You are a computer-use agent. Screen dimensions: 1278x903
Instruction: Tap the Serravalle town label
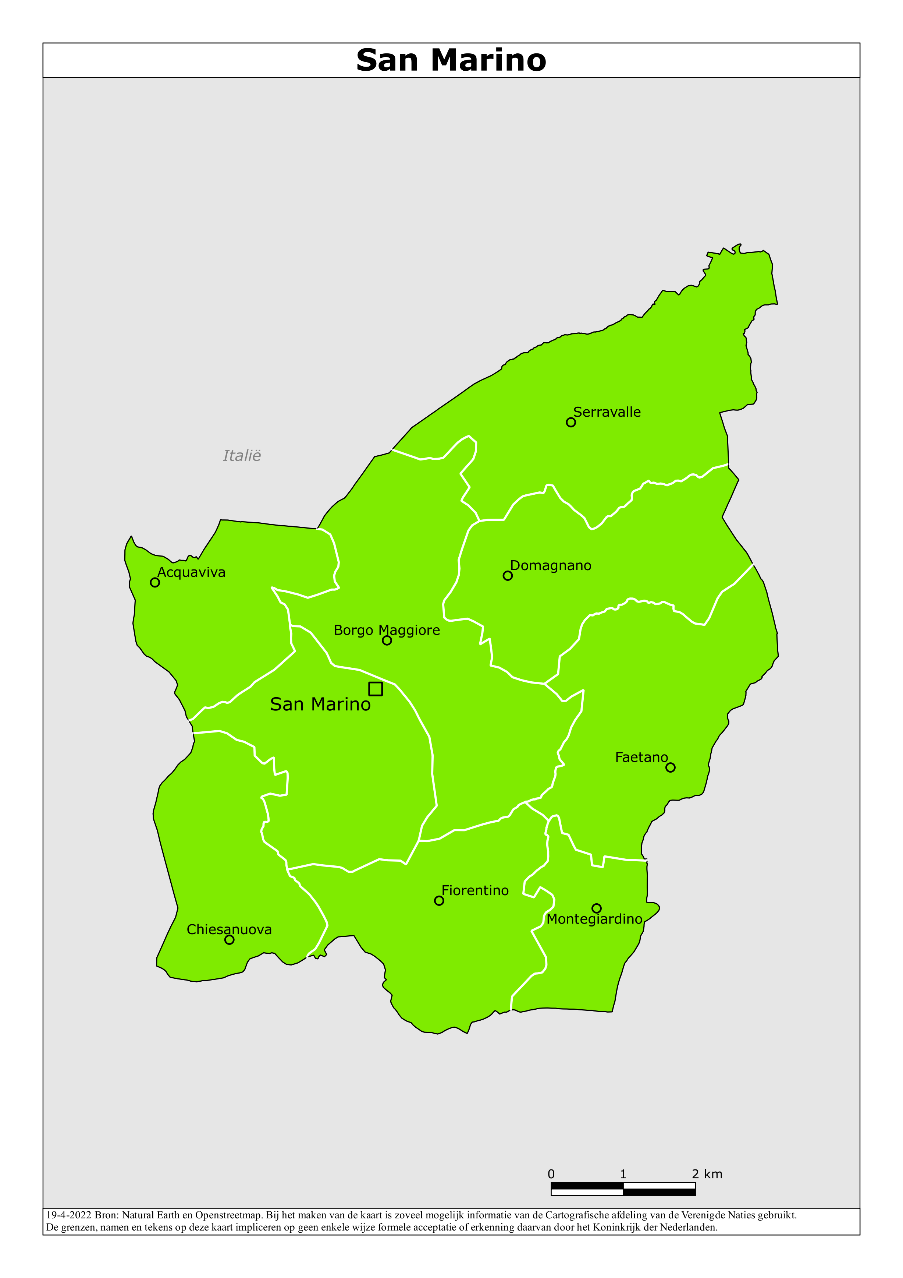607,413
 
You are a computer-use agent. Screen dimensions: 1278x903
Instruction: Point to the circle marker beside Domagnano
508,576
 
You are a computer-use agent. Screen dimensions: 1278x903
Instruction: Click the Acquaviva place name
191,572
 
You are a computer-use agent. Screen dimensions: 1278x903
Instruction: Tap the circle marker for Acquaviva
155,582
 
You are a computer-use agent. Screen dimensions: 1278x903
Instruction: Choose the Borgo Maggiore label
387,630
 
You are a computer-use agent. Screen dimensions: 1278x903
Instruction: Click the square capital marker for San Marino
376,689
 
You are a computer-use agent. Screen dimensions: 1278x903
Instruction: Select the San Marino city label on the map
320,705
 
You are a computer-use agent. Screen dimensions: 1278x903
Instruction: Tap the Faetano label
641,758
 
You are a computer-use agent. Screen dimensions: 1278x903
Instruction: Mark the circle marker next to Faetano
671,767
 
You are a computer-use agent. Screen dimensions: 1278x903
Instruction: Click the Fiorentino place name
475,891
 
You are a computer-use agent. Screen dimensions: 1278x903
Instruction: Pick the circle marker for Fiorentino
439,901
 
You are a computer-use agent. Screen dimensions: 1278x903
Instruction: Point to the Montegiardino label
594,919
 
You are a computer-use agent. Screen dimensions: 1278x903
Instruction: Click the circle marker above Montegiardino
597,908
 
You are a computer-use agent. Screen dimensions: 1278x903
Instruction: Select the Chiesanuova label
229,929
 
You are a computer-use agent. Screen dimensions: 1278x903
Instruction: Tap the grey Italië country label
241,456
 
